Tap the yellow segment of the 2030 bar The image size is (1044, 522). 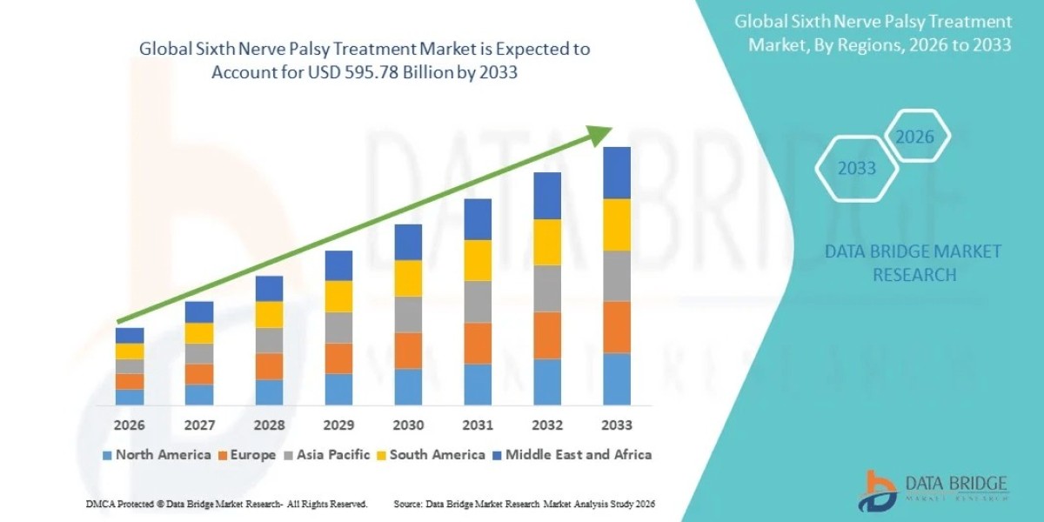[408, 278]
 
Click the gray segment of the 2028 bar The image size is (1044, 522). [269, 340]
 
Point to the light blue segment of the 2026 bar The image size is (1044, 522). [130, 397]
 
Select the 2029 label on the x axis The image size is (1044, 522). [338, 425]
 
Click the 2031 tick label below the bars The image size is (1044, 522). [478, 425]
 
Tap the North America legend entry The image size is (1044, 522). [157, 454]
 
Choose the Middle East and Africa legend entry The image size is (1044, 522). [573, 454]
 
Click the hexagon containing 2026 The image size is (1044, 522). [914, 137]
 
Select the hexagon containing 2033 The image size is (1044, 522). [856, 168]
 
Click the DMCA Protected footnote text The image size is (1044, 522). [226, 504]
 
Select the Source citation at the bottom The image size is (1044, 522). [524, 504]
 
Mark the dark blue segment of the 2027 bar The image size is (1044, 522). [199, 311]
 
